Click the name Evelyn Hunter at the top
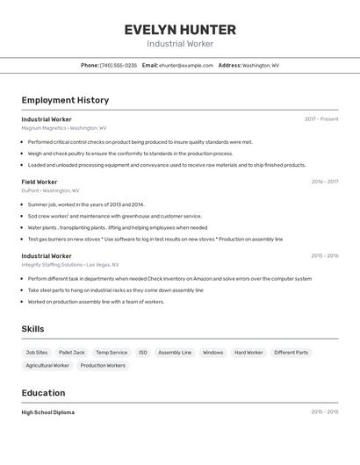click(x=180, y=29)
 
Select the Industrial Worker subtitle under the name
click(x=180, y=44)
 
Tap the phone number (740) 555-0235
click(x=119, y=65)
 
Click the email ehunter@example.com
click(x=186, y=65)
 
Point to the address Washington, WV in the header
click(x=261, y=65)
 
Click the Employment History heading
click(x=65, y=100)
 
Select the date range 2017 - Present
click(x=321, y=119)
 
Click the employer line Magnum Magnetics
click(x=64, y=128)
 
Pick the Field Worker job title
click(x=40, y=182)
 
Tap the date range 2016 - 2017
click(x=324, y=182)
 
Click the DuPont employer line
click(x=50, y=190)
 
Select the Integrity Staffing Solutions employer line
click(x=70, y=264)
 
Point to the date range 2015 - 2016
click(x=324, y=256)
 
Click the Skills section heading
click(x=32, y=329)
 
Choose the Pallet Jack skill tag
click(x=72, y=353)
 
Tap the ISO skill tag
click(x=143, y=353)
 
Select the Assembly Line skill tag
click(x=175, y=353)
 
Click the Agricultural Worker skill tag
click(x=47, y=366)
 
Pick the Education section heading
click(x=43, y=393)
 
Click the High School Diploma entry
click(x=48, y=412)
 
